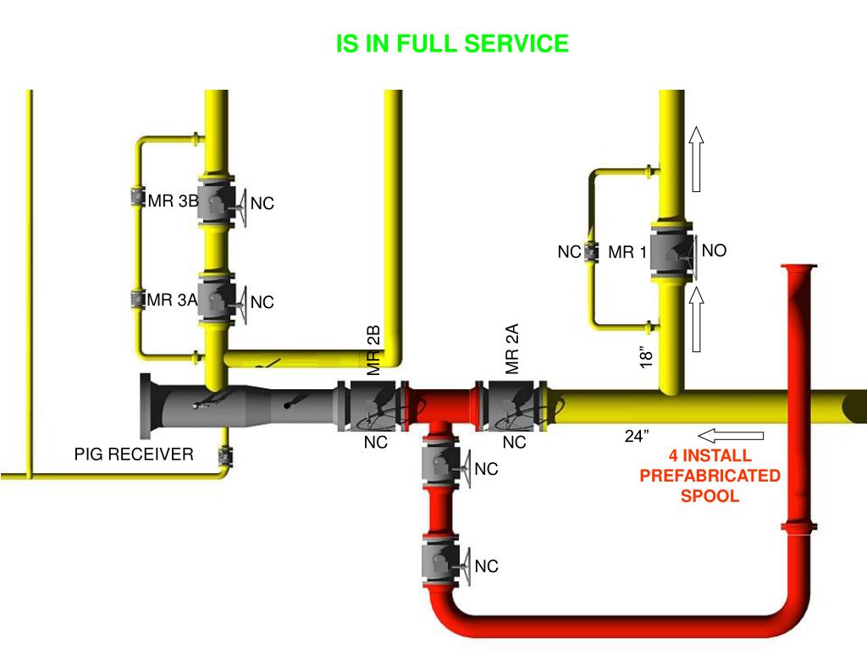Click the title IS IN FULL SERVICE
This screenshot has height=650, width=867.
(x=452, y=44)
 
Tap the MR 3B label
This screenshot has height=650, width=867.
(x=173, y=201)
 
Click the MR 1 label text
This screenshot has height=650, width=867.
(x=627, y=252)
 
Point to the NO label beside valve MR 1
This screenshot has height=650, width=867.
(x=715, y=251)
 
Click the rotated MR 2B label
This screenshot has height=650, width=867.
(x=374, y=350)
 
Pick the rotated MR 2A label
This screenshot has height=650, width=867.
(x=511, y=348)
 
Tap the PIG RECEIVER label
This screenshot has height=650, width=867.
(x=134, y=454)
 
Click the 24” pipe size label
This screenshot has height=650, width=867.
(x=637, y=436)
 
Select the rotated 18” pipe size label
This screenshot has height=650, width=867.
(x=647, y=356)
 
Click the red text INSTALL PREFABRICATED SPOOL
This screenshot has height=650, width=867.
(x=710, y=476)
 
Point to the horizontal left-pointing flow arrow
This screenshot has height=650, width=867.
(x=732, y=436)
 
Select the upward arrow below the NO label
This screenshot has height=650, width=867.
(x=697, y=319)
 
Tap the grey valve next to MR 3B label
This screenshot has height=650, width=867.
(x=216, y=201)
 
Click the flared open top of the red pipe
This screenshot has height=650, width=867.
(x=798, y=268)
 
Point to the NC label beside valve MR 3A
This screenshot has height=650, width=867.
(x=262, y=302)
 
